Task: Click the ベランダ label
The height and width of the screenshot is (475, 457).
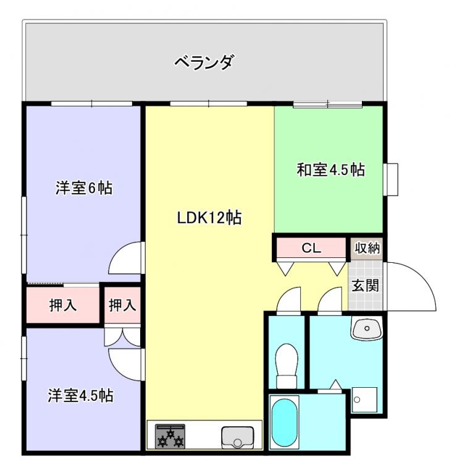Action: point(204,62)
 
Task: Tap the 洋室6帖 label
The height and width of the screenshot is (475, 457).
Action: point(84,188)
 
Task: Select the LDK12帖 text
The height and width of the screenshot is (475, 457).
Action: point(209,218)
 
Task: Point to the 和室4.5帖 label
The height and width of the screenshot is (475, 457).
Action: point(330,169)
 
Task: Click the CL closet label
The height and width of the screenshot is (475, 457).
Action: point(311,249)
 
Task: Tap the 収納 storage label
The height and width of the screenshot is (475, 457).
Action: point(367,248)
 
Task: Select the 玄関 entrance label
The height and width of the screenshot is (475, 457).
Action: point(365,285)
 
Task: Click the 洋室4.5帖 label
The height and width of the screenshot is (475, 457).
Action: point(80,395)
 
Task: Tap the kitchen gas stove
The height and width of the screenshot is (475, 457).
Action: point(170,436)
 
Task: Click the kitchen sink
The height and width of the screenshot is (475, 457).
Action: point(238,437)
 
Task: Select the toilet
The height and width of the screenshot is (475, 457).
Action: point(287,365)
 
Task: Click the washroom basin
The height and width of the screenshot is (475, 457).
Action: point(367,328)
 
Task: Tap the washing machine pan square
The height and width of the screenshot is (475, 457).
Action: point(365,400)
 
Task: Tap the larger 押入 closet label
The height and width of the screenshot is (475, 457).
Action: point(63,305)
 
